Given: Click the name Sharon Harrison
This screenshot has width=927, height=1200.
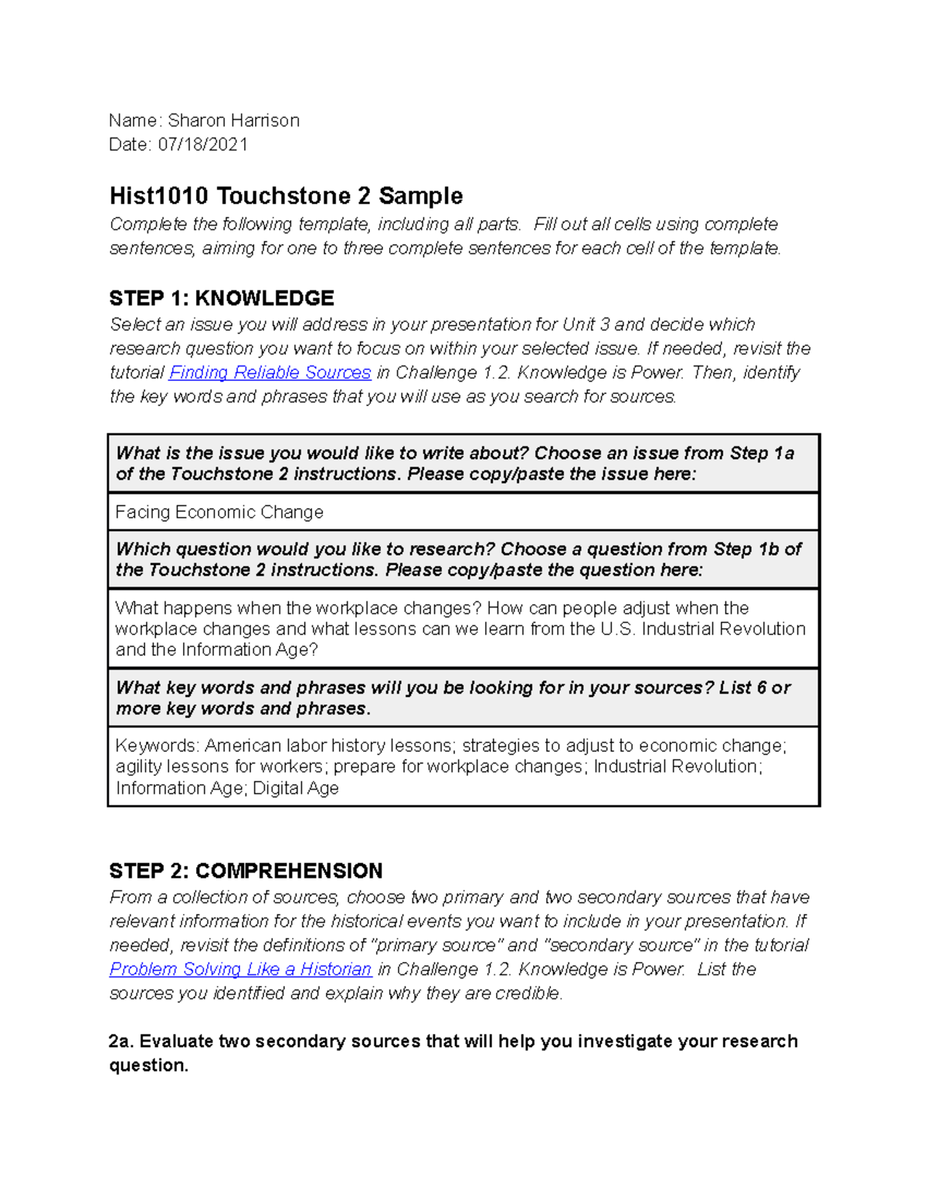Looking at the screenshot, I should pyautogui.click(x=233, y=121).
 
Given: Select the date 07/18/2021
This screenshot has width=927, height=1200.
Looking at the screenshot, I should pyautogui.click(x=203, y=144).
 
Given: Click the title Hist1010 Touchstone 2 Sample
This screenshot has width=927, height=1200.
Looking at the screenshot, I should pyautogui.click(x=286, y=195).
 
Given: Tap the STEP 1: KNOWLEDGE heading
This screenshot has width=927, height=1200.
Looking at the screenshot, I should pyautogui.click(x=222, y=298).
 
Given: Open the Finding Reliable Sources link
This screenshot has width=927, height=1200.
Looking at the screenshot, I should pyautogui.click(x=270, y=372).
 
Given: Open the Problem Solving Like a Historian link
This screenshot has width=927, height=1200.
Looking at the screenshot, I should pyautogui.click(x=240, y=969).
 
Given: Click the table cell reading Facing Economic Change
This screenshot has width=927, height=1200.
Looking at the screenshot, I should pyautogui.click(x=219, y=512).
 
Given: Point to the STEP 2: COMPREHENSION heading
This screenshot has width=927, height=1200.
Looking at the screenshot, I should pyautogui.click(x=246, y=871).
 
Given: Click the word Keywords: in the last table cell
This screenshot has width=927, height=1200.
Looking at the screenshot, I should pyautogui.click(x=157, y=746).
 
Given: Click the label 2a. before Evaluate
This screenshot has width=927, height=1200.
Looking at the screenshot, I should pyautogui.click(x=121, y=1041).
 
